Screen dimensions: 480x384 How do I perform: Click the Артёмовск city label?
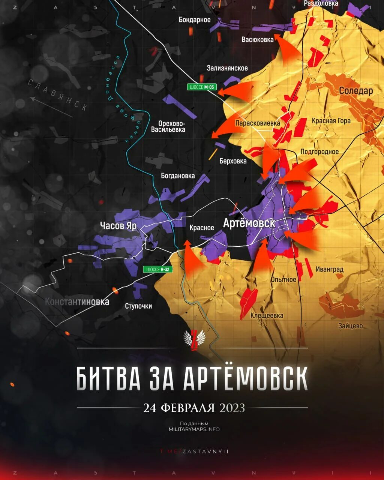point(249,223)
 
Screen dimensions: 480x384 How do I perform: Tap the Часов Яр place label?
point(118,225)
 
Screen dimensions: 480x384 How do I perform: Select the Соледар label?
point(356,91)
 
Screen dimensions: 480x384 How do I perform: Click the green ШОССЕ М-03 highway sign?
point(202,87)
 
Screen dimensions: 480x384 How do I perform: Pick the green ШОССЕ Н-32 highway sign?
point(157,269)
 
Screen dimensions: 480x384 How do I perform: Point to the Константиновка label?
point(77,301)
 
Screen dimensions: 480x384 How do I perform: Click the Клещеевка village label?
point(267,316)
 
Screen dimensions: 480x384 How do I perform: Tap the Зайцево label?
point(350,326)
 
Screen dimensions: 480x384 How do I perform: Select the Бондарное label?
point(195,20)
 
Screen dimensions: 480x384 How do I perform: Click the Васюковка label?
point(258,39)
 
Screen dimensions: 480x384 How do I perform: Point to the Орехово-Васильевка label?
point(168,126)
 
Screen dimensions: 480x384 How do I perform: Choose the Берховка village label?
point(233,161)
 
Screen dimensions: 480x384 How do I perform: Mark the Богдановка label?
point(178,175)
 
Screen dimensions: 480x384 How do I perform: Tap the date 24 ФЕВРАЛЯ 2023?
point(194,408)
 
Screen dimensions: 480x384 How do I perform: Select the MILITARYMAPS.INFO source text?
point(194,429)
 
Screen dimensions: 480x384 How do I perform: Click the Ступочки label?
point(138,306)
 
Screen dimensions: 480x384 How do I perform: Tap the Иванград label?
point(329,269)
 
